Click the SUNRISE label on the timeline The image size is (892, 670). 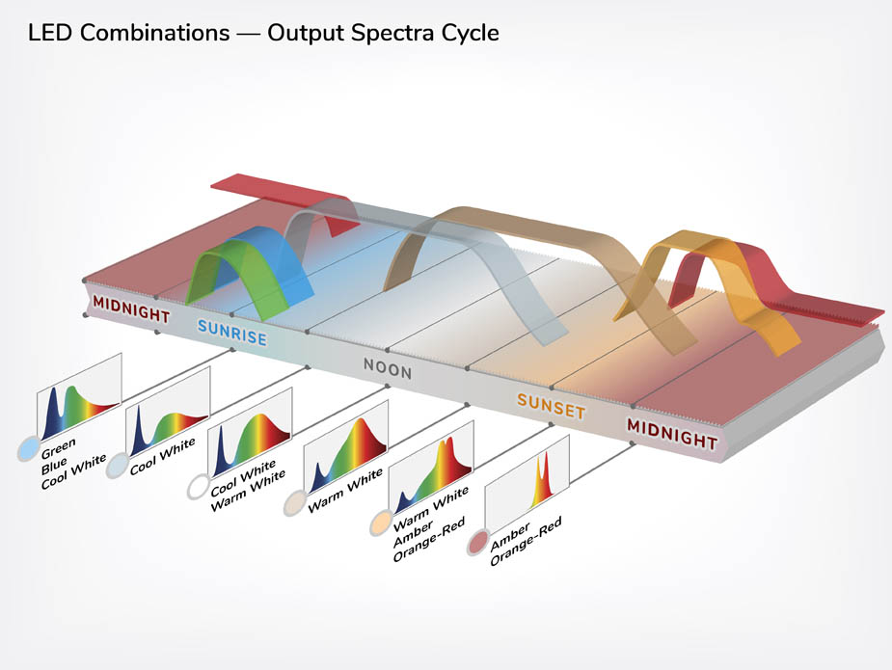click(232, 333)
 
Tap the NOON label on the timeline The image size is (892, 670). click(388, 368)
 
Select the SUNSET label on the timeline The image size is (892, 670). click(551, 406)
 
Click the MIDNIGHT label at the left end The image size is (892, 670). click(131, 308)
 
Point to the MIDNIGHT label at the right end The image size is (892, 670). click(672, 434)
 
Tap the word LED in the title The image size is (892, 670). click(49, 33)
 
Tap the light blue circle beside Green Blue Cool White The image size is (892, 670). click(28, 448)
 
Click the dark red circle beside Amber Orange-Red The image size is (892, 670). click(478, 543)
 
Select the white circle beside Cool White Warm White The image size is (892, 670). click(199, 486)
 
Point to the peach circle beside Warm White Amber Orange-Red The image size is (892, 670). click(381, 523)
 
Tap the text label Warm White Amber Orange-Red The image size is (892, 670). click(430, 524)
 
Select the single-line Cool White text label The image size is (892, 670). click(163, 456)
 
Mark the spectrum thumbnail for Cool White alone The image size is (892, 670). click(168, 412)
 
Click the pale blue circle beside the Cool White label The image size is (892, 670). click(117, 466)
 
